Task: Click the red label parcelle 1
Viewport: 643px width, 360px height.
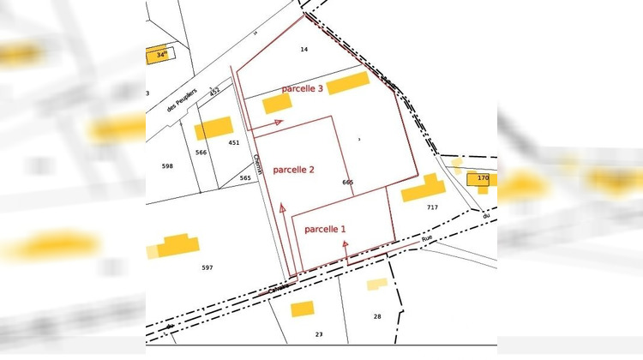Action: click(326, 229)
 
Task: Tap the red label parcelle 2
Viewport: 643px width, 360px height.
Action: click(293, 170)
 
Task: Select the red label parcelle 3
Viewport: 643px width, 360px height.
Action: click(302, 89)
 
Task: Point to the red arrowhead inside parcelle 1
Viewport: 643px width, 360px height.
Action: click(346, 244)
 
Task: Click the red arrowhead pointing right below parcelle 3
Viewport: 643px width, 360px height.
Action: click(278, 123)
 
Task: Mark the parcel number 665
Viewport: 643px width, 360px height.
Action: click(347, 183)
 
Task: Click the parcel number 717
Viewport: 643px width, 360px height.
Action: click(432, 207)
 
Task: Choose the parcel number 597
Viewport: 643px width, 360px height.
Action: click(207, 267)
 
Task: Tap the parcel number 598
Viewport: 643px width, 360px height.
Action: click(167, 165)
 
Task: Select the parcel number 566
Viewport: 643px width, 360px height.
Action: click(201, 152)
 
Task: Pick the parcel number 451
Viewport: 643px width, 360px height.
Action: click(233, 142)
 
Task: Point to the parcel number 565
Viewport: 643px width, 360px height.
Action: click(245, 177)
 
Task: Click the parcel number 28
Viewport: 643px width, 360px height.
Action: click(376, 316)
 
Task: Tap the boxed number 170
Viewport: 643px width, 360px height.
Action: click(483, 178)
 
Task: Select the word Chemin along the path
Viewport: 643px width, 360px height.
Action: click(256, 163)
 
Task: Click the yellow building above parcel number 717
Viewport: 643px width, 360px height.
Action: click(424, 187)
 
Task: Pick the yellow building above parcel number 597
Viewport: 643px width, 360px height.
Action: click(178, 245)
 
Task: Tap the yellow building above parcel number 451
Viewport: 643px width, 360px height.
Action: click(213, 128)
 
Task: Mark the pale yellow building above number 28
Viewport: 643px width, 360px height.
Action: click(376, 285)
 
